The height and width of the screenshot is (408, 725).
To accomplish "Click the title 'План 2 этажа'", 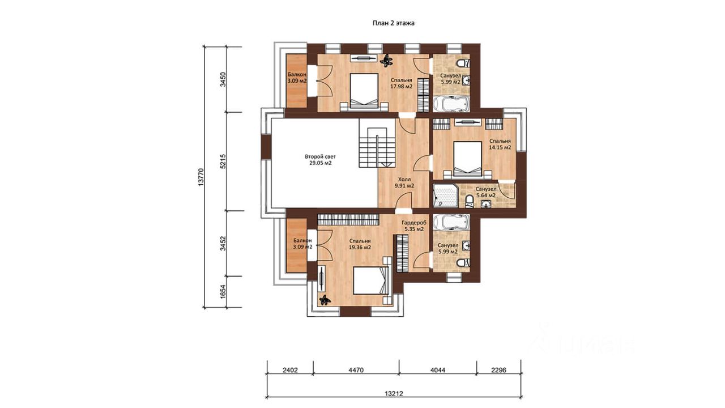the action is click(393, 23).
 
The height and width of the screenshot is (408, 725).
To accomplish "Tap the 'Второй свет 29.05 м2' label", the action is click(320, 160).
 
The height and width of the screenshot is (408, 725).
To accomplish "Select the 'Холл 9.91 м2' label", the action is click(404, 182).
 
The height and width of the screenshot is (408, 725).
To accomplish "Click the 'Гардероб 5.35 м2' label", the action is click(414, 226).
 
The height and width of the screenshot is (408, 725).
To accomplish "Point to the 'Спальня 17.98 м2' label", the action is click(402, 83).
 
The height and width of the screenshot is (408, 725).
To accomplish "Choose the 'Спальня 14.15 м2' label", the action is click(500, 144).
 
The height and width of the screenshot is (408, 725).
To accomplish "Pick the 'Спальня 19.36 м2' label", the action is click(360, 244).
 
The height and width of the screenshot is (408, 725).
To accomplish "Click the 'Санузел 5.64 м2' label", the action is click(486, 192).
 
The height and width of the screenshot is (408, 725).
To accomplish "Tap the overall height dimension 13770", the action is click(201, 177).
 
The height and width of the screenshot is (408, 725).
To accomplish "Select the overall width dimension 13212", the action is click(394, 394).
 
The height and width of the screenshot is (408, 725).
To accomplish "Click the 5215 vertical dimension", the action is click(223, 161).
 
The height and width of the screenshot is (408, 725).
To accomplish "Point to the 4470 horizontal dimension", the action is click(356, 370).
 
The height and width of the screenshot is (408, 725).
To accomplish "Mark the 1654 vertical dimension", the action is click(223, 291).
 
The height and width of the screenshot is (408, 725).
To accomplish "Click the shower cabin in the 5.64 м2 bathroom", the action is click(445, 195).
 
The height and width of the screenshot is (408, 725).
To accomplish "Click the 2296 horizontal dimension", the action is click(498, 370).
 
